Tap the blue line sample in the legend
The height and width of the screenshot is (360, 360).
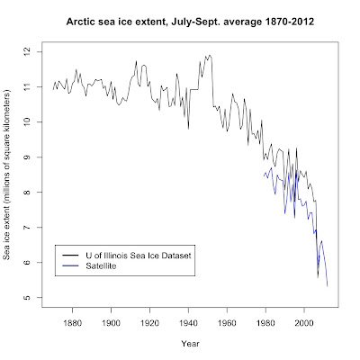pyautogui.click(x=70, y=267)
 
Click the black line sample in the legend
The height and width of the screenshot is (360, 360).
pyautogui.click(x=70, y=256)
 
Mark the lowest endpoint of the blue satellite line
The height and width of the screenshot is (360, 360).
pyautogui.click(x=327, y=285)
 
